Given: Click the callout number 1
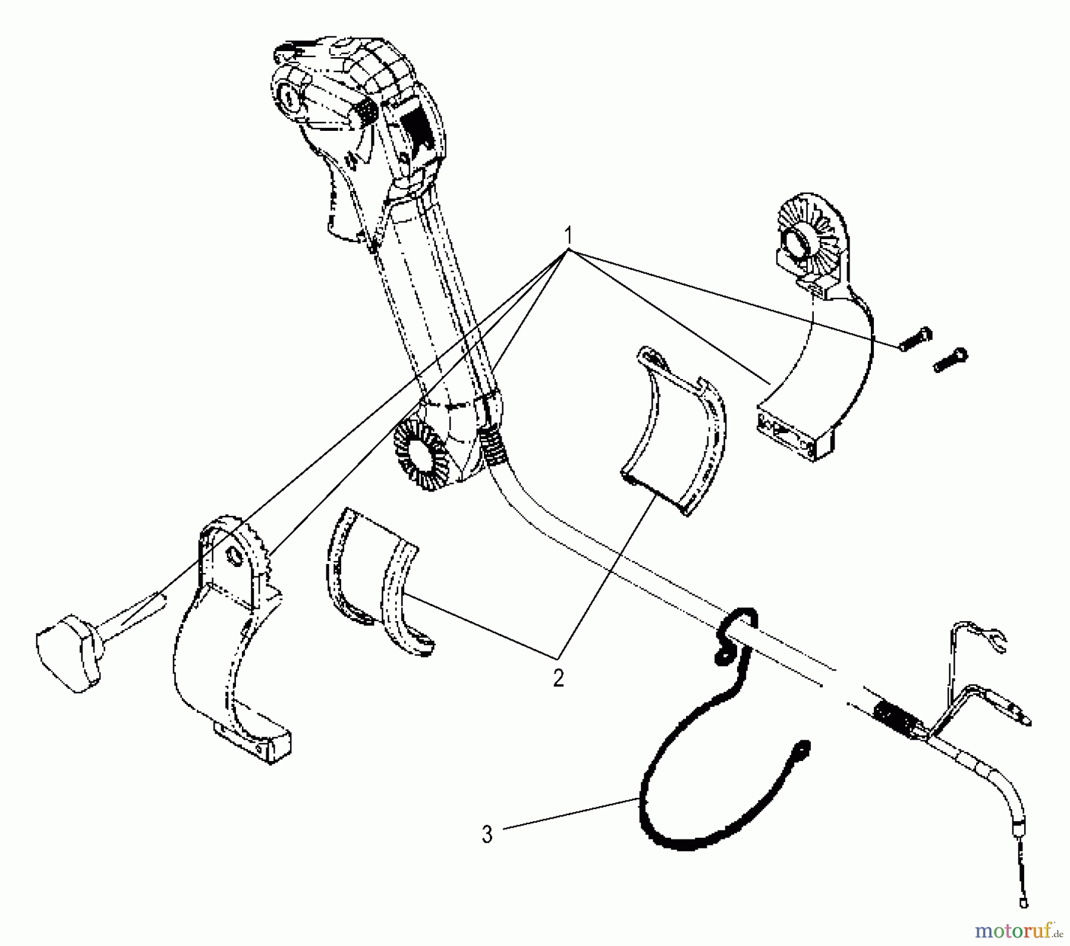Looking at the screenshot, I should [569, 233].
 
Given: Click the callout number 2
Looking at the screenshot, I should [558, 678].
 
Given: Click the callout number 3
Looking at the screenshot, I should [487, 834].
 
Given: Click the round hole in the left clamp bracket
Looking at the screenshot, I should [234, 556].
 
